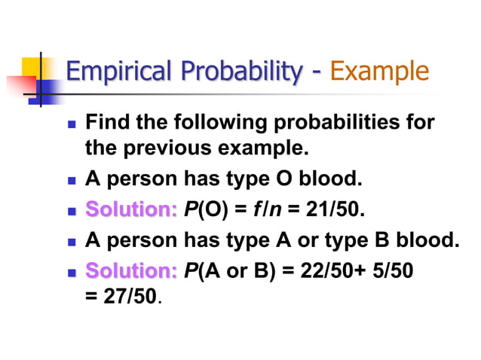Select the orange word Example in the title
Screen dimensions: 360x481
pyautogui.click(x=380, y=73)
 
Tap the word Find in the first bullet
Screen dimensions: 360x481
pyautogui.click(x=107, y=122)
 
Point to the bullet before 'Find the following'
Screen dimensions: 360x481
pyautogui.click(x=72, y=123)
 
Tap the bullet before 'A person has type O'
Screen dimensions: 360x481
pyautogui.click(x=72, y=179)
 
